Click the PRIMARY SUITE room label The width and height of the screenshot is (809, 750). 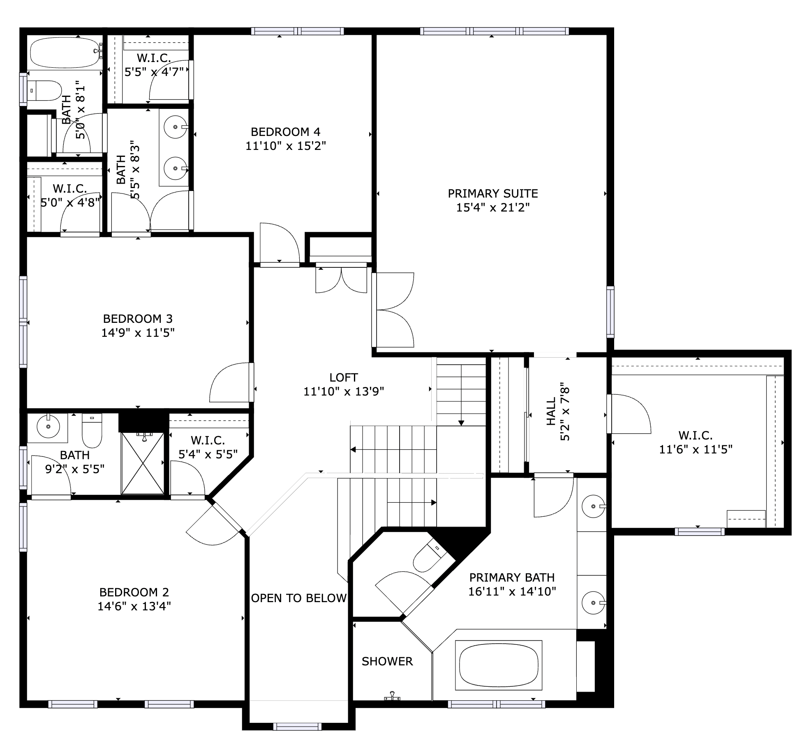point(492,193)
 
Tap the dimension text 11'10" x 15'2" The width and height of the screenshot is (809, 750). point(286,146)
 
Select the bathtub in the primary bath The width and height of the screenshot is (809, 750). point(498,665)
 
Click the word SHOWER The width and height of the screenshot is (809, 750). point(387,661)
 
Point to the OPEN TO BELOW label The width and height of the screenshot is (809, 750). point(299,598)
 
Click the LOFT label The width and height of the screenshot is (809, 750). point(344,377)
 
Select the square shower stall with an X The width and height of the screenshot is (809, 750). point(143,463)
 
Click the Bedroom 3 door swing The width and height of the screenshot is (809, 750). point(230,383)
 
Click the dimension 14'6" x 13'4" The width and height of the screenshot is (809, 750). point(134,606)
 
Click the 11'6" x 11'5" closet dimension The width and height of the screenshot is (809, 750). point(696,449)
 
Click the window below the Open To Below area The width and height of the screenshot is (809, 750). point(297,727)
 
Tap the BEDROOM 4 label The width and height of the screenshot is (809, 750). point(285,132)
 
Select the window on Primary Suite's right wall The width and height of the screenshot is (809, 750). point(610,312)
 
